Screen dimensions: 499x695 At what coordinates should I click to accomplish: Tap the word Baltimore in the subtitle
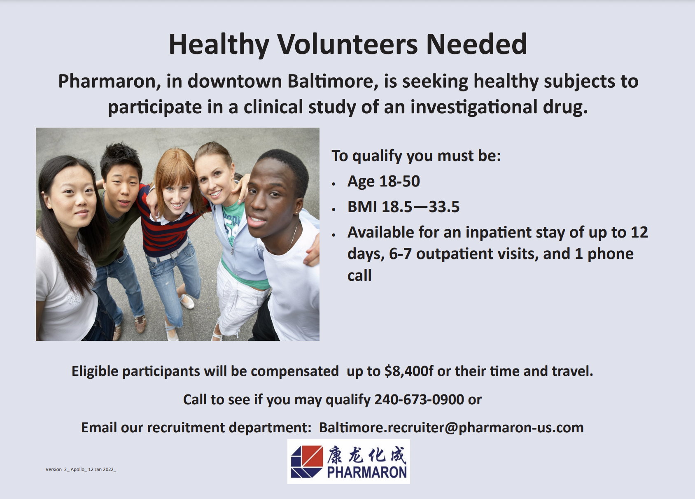pos(333,81)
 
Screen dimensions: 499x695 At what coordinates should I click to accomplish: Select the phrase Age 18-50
pos(383,181)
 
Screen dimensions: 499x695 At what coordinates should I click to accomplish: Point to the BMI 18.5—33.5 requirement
pos(403,207)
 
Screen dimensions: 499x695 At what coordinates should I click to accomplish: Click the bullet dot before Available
pos(334,235)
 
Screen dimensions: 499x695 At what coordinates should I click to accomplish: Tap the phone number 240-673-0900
pos(419,399)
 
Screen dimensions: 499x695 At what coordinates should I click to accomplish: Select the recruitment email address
pos(451,427)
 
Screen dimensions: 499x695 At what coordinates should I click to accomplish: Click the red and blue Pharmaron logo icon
pos(307,462)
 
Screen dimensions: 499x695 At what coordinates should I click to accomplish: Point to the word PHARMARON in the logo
pos(366,472)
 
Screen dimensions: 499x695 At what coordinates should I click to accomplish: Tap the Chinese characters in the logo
pos(366,455)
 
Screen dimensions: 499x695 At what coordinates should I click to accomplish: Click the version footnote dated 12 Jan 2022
pos(81,469)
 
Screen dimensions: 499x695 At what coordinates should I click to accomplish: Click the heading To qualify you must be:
pos(416,156)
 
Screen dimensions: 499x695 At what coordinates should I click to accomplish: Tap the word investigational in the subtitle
pos(473,107)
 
